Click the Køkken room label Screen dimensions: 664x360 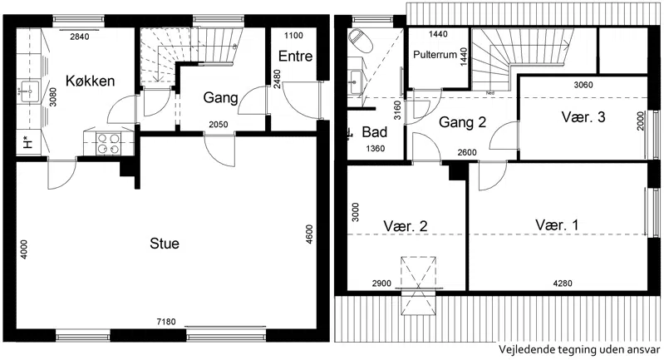[x=91, y=81]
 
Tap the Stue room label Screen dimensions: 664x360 [x=165, y=244]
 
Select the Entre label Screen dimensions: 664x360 [x=296, y=56]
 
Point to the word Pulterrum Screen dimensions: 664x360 [x=435, y=55]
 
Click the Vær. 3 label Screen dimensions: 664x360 [x=583, y=117]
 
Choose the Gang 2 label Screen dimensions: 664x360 [x=462, y=122]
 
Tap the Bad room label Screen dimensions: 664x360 [x=374, y=132]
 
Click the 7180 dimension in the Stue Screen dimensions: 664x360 [x=166, y=322]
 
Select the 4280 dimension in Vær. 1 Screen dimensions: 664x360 [x=563, y=284]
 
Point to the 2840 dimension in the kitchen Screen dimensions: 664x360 [x=80, y=37]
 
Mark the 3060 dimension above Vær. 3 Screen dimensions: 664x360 [x=583, y=85]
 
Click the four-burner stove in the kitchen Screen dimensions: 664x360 [x=109, y=144]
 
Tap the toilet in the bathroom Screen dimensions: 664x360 [x=361, y=40]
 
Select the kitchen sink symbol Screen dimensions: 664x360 [x=28, y=91]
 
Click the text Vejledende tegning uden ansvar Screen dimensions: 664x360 [x=579, y=350]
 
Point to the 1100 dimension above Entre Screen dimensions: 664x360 [x=293, y=36]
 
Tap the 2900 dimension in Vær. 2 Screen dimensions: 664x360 [x=381, y=284]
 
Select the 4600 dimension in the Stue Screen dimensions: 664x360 [x=309, y=234]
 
